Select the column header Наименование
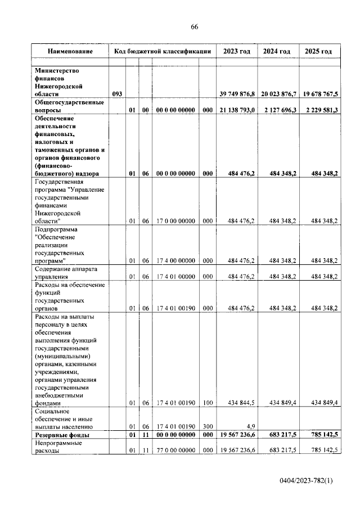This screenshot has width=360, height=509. click(70, 51)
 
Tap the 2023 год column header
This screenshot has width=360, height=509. click(236, 51)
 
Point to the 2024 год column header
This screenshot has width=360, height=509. click(277, 51)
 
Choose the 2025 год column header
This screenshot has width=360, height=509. click(318, 51)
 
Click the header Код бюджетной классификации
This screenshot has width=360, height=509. click(162, 51)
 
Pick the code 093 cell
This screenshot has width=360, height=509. click(117, 94)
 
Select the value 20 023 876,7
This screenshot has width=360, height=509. click(278, 94)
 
